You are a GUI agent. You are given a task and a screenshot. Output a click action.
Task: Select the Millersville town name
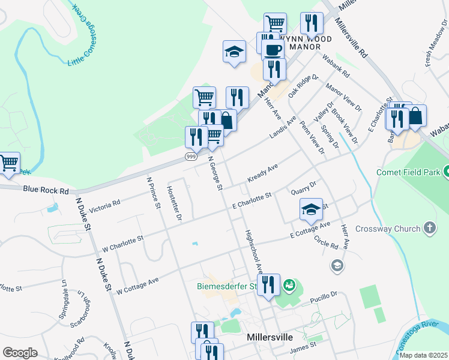tap(269, 337)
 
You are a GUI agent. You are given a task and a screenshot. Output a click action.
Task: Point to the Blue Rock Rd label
tap(46, 190)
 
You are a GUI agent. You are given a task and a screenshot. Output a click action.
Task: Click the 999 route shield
tap(190, 156)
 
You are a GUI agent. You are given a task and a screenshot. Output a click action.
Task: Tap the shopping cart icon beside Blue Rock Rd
tap(8, 163)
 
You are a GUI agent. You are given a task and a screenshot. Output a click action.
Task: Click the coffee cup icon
tap(273, 50)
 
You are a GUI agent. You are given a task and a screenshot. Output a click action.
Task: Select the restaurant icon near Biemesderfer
tap(268, 284)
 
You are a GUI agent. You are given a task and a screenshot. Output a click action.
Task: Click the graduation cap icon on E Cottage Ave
tap(311, 209)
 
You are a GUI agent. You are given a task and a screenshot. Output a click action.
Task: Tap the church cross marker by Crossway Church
tap(429, 228)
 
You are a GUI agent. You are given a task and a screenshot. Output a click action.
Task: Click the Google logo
tap(20, 352)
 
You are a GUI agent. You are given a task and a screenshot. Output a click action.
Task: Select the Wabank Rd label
tap(336, 66)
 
